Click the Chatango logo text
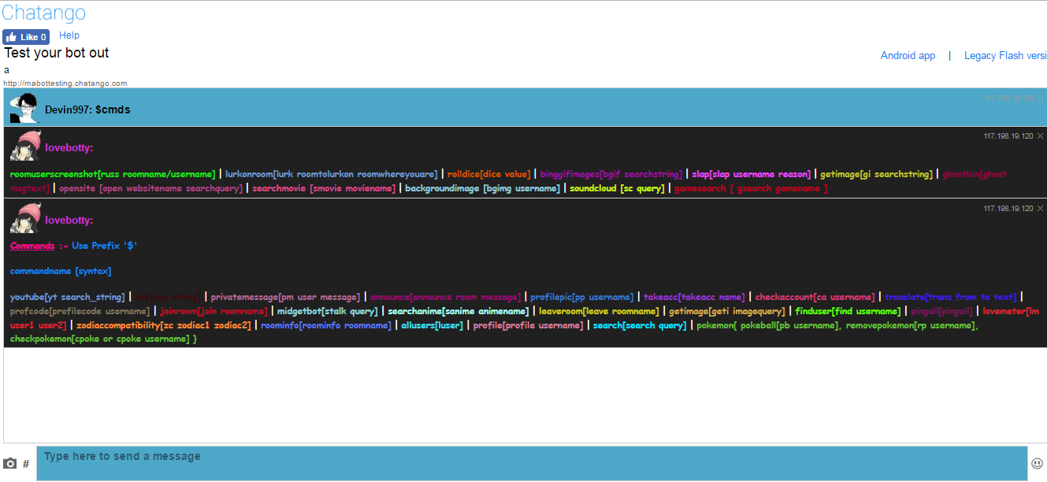coord(44,13)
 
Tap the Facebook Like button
coord(26,37)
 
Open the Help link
coord(69,35)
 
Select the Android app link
coord(908,56)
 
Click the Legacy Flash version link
coord(1005,56)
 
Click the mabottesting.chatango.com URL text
coord(65,83)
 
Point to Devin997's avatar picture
coord(24,108)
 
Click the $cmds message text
coord(113,110)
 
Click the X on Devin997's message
coord(1041,98)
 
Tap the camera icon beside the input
coord(10,464)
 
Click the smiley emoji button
coord(1037,463)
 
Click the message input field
coord(533,463)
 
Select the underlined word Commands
coord(32,246)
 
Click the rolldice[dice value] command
coord(488,174)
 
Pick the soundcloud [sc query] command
coord(617,189)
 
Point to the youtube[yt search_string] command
coord(68,298)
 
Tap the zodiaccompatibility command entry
coord(164,326)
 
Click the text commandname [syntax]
coord(61,272)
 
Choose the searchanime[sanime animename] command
coord(459,312)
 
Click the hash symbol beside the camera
coord(25,464)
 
